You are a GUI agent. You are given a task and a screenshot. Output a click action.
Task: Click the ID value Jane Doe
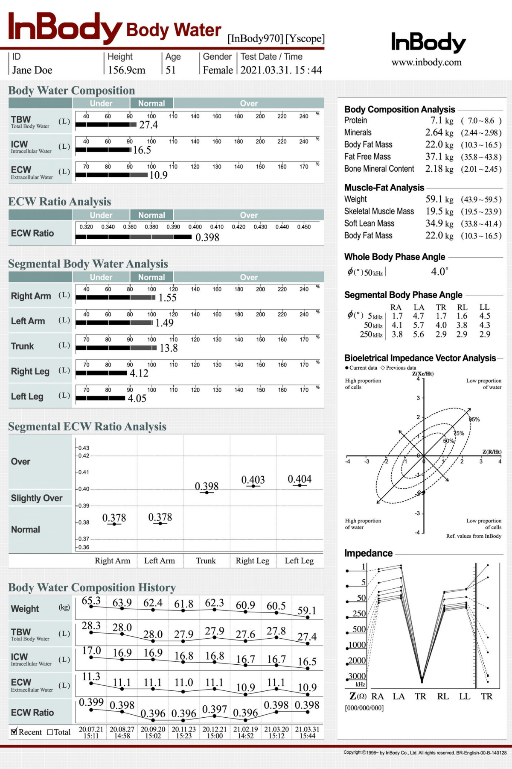[x=32, y=70]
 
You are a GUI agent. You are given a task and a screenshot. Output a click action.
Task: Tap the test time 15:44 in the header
[x=311, y=70]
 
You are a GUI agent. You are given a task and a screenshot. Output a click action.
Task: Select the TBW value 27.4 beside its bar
[x=148, y=125]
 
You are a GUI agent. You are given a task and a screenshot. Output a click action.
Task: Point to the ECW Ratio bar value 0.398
[x=207, y=238]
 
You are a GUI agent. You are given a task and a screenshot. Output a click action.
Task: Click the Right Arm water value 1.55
[x=167, y=298]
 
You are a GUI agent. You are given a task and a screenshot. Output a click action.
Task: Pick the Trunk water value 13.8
[x=169, y=348]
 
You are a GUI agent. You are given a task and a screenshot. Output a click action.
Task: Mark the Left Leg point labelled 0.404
[x=300, y=485]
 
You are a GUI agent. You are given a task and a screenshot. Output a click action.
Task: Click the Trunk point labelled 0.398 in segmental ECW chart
[x=207, y=493]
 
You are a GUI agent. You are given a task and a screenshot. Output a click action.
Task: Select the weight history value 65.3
[x=91, y=601]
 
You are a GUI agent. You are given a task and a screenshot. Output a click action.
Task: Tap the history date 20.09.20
[x=153, y=729]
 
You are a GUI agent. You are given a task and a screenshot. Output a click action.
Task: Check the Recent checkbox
[x=14, y=732]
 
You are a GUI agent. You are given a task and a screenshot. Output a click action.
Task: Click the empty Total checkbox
[x=50, y=732]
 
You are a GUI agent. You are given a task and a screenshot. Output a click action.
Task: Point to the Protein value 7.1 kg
[x=442, y=120]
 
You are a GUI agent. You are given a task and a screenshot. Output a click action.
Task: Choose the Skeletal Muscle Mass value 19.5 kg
[x=439, y=211]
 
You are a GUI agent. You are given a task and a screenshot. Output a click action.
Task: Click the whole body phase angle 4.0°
[x=439, y=272]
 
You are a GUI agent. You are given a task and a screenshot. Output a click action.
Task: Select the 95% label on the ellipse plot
[x=474, y=420]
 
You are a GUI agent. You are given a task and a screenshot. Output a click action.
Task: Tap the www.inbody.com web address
[x=426, y=62]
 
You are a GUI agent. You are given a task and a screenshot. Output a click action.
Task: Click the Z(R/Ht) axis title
[x=492, y=452]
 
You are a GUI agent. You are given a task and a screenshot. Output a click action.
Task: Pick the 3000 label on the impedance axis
[x=357, y=676]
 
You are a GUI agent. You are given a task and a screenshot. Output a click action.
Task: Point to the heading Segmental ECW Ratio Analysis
[x=87, y=426]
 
